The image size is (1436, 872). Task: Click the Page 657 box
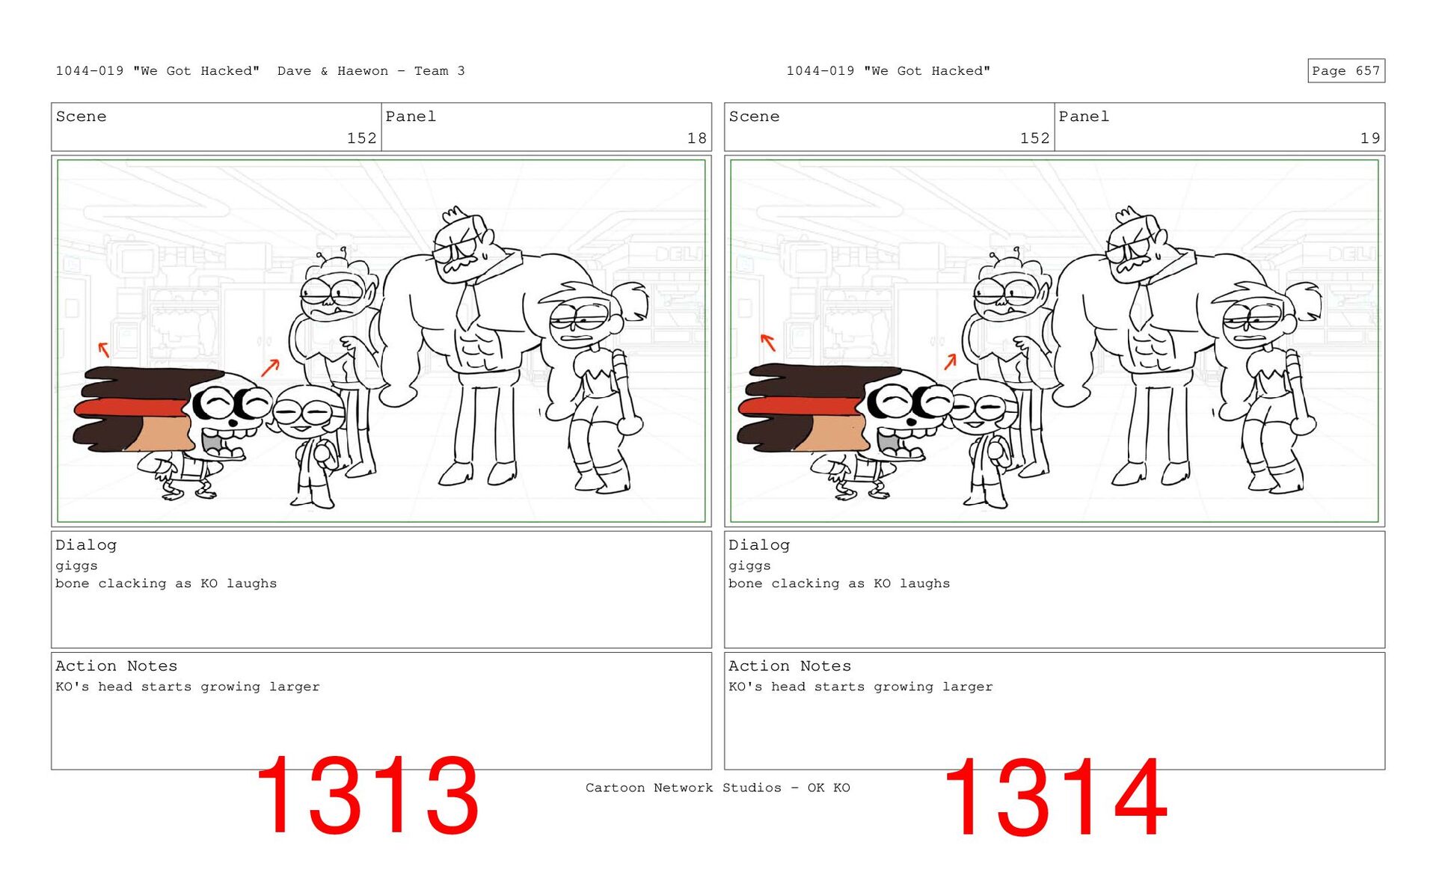1346,71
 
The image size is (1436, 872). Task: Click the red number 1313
367,796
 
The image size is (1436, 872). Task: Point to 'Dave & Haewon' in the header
333,71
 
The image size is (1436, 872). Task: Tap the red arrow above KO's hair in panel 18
104,349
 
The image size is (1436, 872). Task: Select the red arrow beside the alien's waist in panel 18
270,367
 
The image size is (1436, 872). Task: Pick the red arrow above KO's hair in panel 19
767,343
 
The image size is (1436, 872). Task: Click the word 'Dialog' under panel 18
86,545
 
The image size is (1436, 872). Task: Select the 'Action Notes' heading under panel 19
790,666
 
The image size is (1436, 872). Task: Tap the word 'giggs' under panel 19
749,566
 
